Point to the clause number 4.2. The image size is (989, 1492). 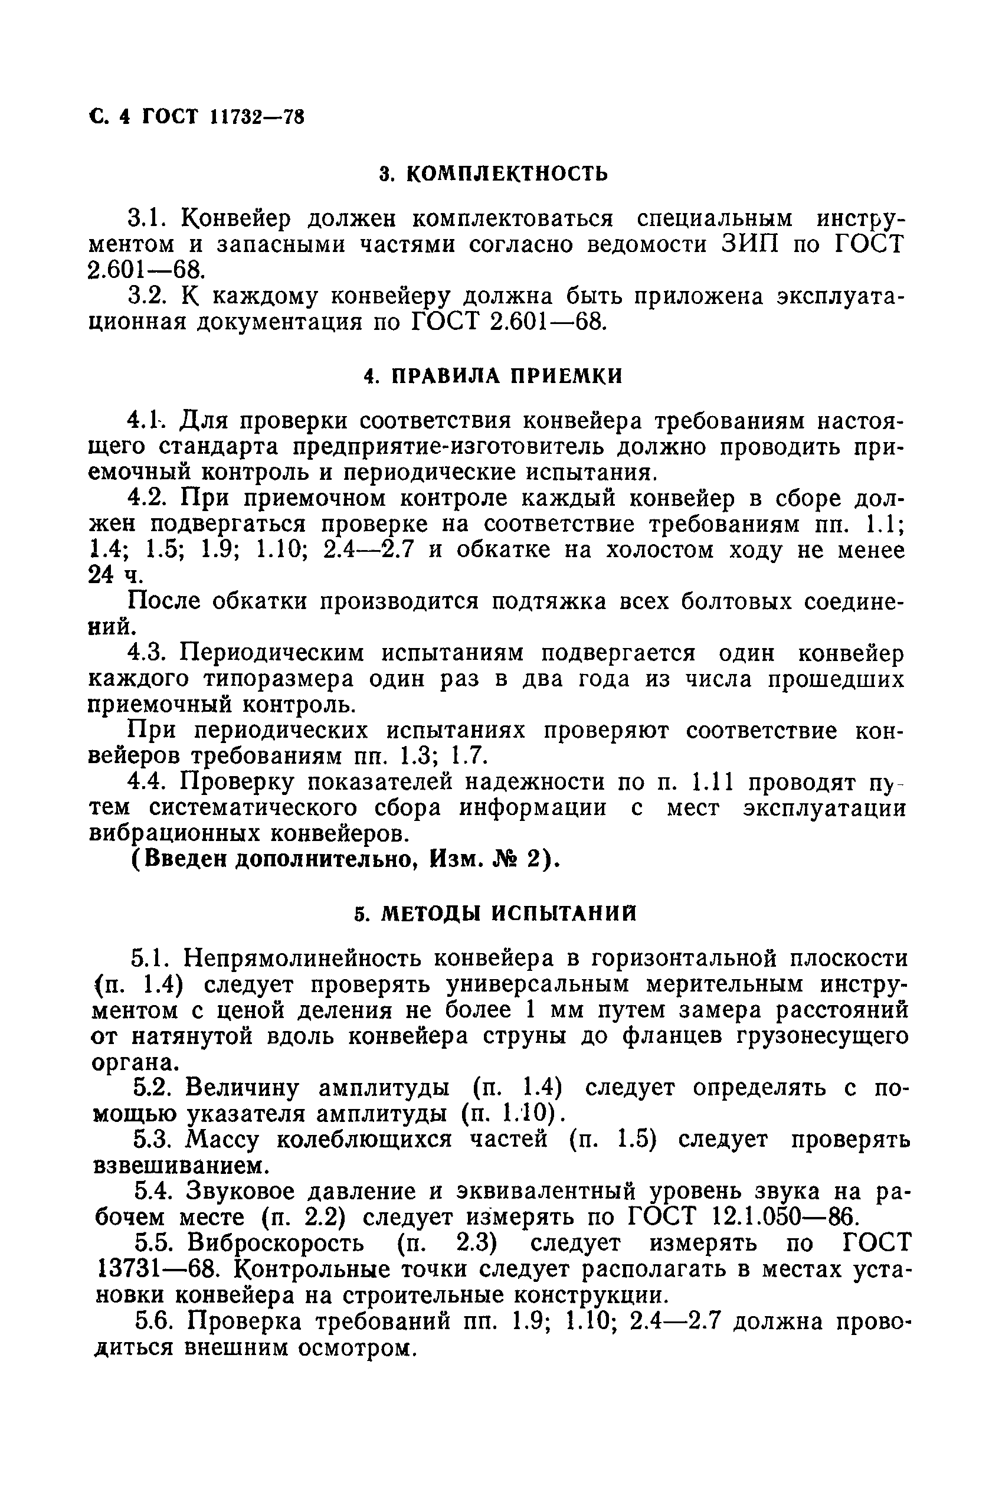(x=147, y=498)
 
